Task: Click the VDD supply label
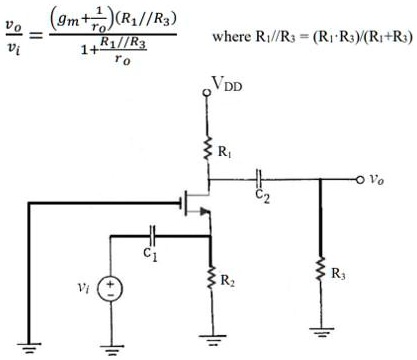click(x=226, y=88)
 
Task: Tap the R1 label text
click(x=226, y=153)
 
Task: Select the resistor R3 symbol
click(x=319, y=270)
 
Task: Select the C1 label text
click(x=150, y=253)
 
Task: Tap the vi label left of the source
click(x=86, y=288)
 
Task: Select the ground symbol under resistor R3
click(x=319, y=330)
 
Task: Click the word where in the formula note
click(x=233, y=37)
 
